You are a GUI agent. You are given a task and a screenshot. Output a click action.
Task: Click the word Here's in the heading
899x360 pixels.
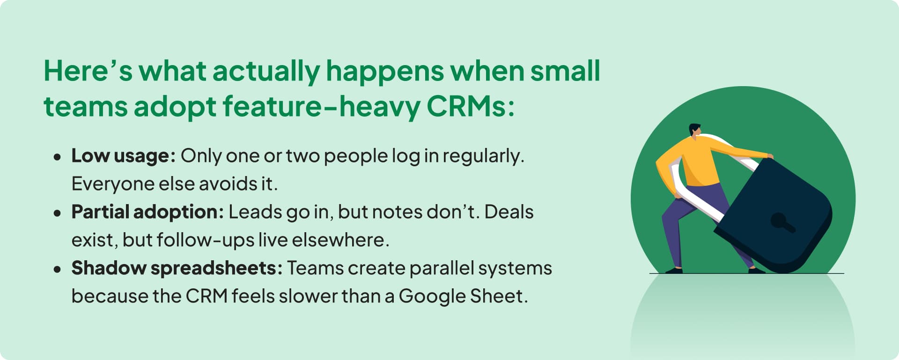[x=88, y=71]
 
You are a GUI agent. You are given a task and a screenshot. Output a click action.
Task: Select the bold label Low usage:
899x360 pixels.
[x=123, y=156]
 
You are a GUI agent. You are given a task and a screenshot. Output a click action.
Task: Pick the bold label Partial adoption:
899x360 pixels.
[x=147, y=212]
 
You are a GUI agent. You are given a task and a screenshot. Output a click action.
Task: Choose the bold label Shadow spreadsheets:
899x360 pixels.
[x=177, y=268]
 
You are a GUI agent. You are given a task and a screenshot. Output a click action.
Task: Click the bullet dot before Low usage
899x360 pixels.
[x=57, y=157]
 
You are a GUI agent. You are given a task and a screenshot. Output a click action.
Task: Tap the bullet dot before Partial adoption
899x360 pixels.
[x=57, y=213]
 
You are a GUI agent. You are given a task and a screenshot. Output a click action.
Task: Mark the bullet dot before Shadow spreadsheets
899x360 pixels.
[x=57, y=269]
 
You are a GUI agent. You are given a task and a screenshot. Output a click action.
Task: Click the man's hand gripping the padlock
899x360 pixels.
[x=769, y=156]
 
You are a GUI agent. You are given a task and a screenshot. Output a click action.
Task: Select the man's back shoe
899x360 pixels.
[x=674, y=270]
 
